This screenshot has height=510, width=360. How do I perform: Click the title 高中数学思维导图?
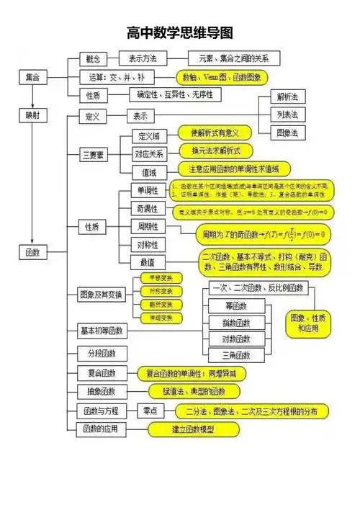click(180, 33)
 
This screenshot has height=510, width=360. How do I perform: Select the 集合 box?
click(33, 76)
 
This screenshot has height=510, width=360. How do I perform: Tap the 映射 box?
click(33, 115)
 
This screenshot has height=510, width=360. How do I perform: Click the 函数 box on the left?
click(33, 252)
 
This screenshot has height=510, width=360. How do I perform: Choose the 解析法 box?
click(287, 97)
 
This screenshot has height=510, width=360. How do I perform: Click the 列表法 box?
click(287, 115)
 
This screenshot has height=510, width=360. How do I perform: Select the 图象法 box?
click(287, 133)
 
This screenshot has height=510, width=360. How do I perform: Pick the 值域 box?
click(149, 171)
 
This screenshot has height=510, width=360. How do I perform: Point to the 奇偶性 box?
click(148, 208)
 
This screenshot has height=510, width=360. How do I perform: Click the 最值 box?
click(148, 262)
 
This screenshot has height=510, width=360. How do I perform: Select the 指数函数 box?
click(235, 322)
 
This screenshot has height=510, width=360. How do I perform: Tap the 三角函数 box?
click(235, 355)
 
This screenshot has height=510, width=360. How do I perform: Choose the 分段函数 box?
click(101, 354)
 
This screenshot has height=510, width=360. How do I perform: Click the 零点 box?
click(150, 411)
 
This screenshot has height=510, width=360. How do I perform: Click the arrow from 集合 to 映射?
click(33, 96)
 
